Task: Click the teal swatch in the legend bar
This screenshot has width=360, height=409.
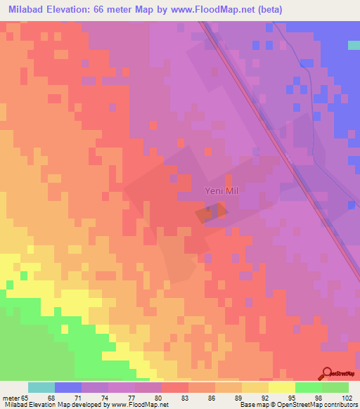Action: (41, 387)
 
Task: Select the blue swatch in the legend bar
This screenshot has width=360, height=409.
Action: (68, 387)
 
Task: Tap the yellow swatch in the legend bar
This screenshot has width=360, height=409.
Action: (281, 387)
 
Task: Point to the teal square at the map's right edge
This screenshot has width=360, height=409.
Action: (354, 45)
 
